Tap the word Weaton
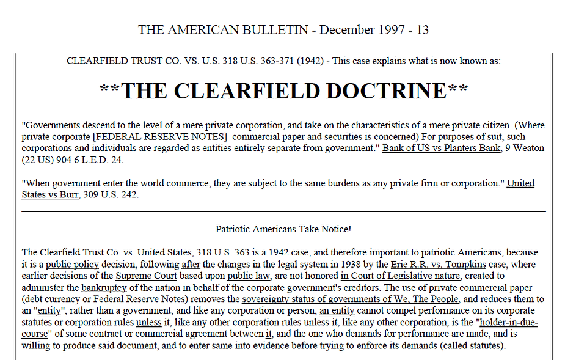527,148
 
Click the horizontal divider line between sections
283,211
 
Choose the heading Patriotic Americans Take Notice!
283,229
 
